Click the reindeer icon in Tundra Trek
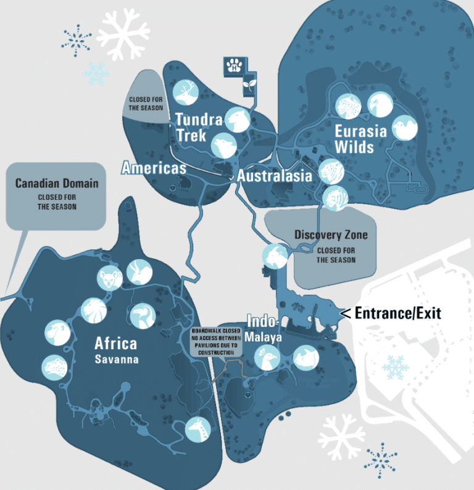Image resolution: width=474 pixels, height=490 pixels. pos(185,93)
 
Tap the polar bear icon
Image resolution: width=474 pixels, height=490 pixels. pos(237,120)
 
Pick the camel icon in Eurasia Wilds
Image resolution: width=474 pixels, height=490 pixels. pos(405,128)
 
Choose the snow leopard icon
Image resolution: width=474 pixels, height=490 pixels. pos(348,106)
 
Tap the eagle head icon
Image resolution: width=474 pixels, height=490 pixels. pos(380,105)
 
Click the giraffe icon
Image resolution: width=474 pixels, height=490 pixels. pos(198,428)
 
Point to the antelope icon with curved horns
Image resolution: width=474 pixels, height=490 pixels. pos(139,272)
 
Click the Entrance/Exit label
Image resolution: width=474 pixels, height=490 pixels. pos(397,314)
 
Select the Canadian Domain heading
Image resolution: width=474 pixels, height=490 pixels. pos(57,183)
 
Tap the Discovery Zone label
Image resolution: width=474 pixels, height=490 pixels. pos(331,235)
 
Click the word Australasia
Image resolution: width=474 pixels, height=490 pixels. pos(275,176)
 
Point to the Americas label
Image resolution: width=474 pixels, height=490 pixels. pos(154,167)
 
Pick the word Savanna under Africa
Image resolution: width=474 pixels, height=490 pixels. pos(115,359)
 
